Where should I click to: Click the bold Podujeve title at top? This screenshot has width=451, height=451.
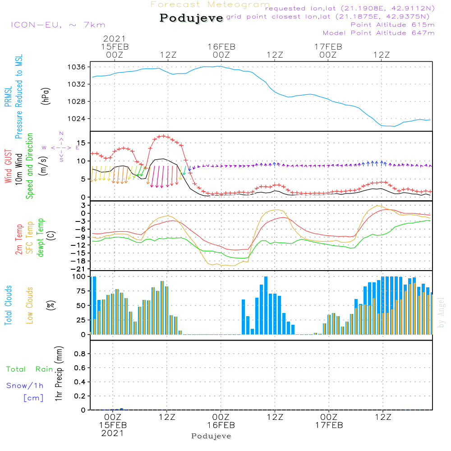pos(191,18)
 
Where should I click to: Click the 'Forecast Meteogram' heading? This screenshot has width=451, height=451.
pos(210,5)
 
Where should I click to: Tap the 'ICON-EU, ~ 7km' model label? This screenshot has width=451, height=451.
pos(58,25)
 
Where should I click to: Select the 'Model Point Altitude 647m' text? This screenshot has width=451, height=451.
pos(378,33)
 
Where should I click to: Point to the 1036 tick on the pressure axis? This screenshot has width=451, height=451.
pos(77,67)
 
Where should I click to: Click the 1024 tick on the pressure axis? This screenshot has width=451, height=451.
pos(77,119)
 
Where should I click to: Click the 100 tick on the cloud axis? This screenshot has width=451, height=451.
pos(79,276)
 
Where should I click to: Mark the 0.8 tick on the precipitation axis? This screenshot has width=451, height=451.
pos(80,354)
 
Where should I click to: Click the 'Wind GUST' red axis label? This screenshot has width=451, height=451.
pos(8,166)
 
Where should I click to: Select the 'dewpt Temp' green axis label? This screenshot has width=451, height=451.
pos(40,237)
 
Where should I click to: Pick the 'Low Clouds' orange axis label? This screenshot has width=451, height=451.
pos(30,305)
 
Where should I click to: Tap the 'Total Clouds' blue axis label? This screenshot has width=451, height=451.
pos(8,305)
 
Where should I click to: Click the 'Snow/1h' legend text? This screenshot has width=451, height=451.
pos(25,386)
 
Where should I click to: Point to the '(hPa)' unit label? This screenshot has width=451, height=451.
pos(46,96)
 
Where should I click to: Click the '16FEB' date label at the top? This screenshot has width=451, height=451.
pos(221,47)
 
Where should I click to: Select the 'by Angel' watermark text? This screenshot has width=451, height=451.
pos(441,313)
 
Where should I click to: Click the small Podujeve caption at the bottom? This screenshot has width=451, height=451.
pos(211,436)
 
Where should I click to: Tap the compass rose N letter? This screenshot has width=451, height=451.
pos(61,133)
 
